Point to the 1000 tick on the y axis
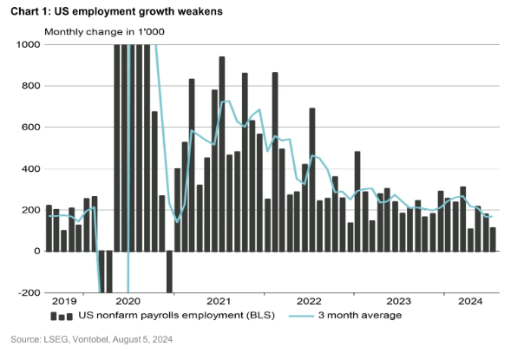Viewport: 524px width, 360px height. [x=27, y=44]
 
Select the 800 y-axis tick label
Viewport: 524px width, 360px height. [x=29, y=86]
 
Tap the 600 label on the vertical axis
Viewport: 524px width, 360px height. [x=29, y=128]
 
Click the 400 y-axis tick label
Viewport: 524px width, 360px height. [x=29, y=168]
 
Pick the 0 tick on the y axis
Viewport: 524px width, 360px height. [x=36, y=252]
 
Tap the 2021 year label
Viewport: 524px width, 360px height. [x=217, y=301]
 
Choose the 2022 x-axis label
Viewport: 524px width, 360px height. [x=308, y=301]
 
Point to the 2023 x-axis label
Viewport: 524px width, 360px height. [x=398, y=301]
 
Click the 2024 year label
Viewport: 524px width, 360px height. [x=469, y=301]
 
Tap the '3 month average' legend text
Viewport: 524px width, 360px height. [x=362, y=315]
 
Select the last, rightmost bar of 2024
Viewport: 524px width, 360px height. [x=493, y=239]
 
